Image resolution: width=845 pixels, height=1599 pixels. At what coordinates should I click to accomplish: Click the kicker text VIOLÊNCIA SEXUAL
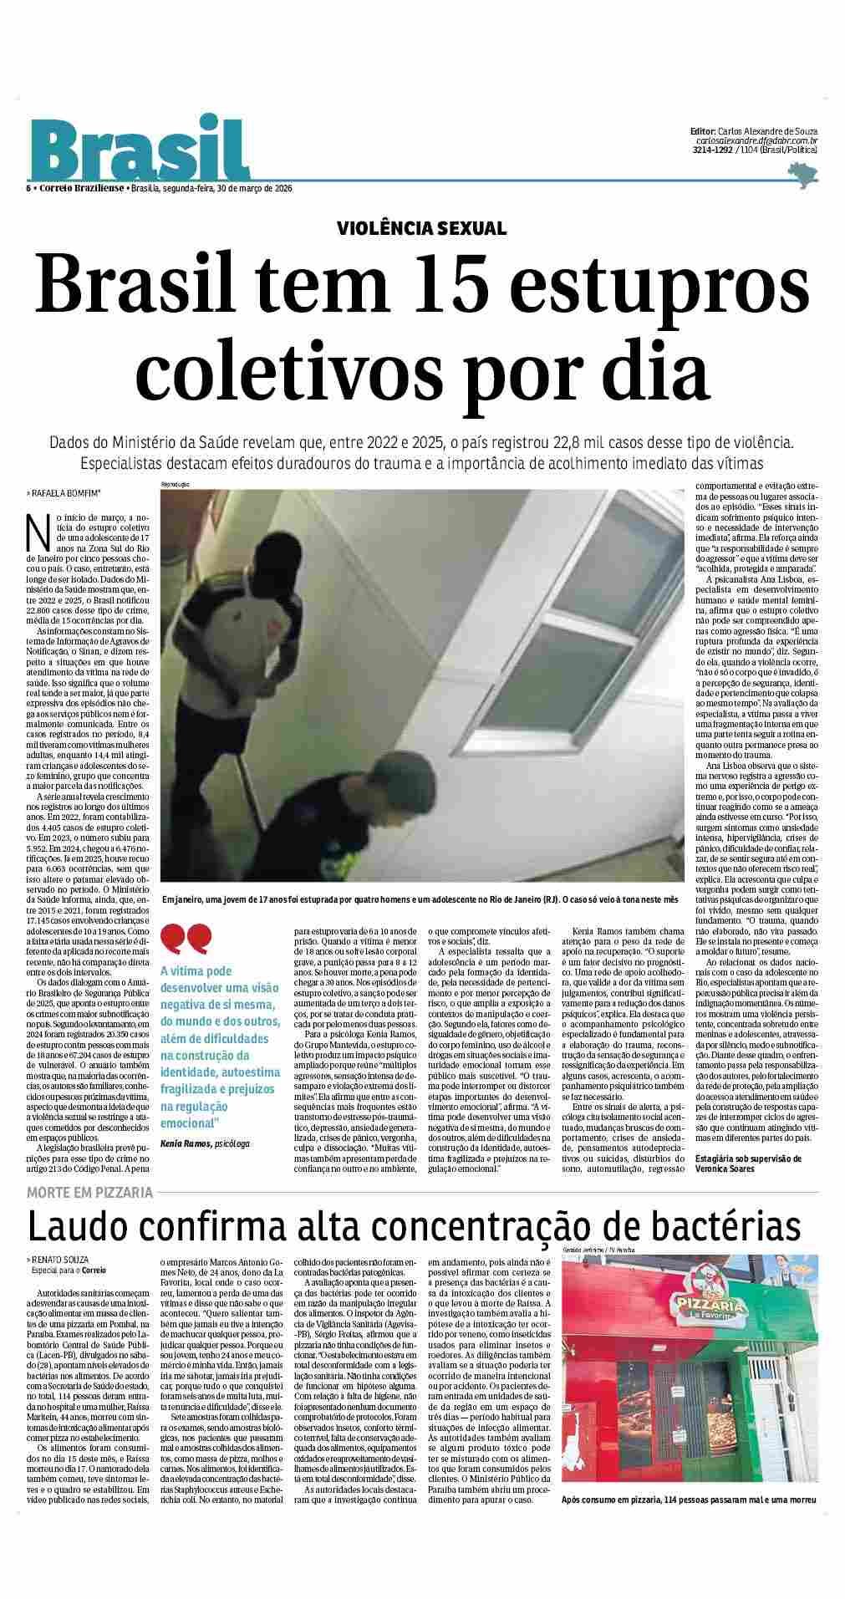(x=421, y=228)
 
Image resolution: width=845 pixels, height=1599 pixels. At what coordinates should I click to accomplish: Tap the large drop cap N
(x=35, y=529)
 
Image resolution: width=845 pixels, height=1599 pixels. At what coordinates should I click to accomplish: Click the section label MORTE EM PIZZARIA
(x=89, y=1192)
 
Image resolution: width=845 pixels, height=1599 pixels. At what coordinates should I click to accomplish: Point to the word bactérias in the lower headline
(x=719, y=1226)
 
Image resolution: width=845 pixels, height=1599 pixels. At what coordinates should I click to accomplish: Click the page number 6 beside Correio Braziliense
(x=28, y=188)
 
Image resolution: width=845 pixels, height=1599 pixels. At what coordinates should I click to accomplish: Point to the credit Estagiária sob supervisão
(x=748, y=1159)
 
